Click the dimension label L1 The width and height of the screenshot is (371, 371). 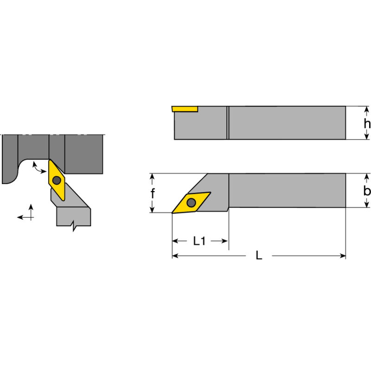click(x=199, y=241)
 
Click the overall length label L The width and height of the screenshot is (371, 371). click(x=259, y=256)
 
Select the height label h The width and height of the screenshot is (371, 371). click(x=367, y=123)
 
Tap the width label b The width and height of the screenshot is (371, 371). click(x=367, y=191)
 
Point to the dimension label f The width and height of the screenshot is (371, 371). click(x=153, y=193)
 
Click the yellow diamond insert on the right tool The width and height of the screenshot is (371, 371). click(x=191, y=202)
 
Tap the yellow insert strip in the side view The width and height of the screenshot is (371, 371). click(x=185, y=109)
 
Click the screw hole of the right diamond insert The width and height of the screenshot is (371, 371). click(x=191, y=202)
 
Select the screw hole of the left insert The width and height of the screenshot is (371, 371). click(x=57, y=180)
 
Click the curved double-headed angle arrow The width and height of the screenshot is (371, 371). click(x=38, y=168)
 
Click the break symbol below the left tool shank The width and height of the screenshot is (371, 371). click(x=74, y=227)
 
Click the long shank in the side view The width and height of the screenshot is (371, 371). click(x=288, y=123)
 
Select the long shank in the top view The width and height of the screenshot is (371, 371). click(x=288, y=191)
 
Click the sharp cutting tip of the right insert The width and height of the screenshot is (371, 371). click(x=173, y=213)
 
